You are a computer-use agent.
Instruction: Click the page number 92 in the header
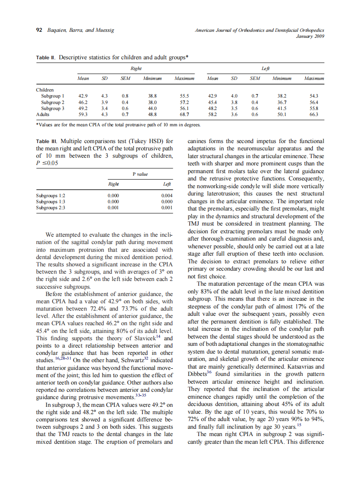tap(38, 31)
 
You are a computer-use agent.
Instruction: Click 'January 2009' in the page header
tap(310, 37)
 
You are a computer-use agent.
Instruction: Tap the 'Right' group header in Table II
tap(136, 69)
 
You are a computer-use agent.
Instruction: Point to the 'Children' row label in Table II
tap(45, 90)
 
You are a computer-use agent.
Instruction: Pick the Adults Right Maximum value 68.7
tap(184, 115)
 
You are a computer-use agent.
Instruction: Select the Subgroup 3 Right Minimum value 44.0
tap(153, 109)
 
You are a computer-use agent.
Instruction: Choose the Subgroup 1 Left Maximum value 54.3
tap(314, 96)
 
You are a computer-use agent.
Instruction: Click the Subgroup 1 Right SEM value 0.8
tap(125, 96)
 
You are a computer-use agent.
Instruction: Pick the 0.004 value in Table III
tap(167, 195)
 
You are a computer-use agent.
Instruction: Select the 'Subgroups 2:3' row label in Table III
tap(51, 207)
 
